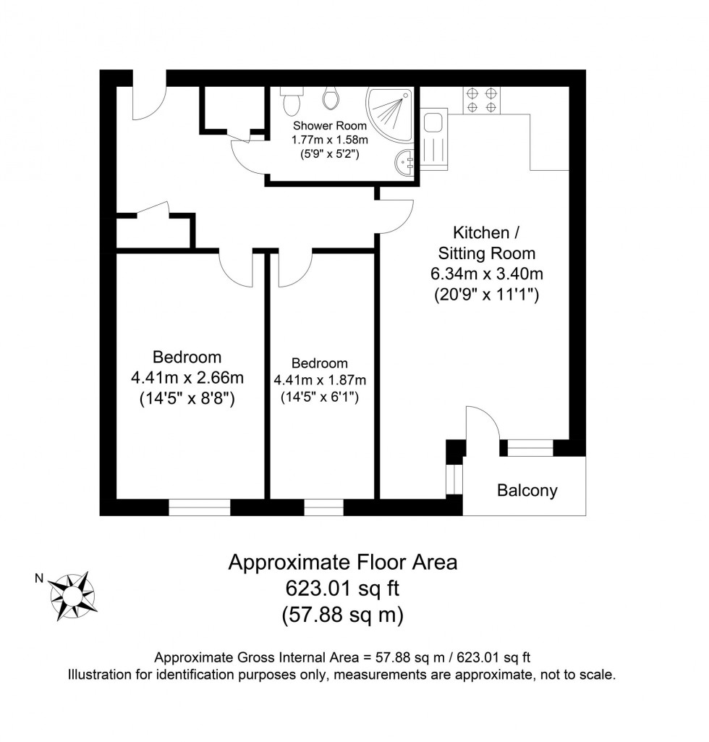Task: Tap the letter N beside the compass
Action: (x=41, y=578)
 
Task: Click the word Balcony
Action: (x=527, y=491)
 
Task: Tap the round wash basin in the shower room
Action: (x=404, y=160)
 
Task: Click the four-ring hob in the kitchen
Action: (x=481, y=100)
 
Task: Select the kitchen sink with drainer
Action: (x=434, y=140)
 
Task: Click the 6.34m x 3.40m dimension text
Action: (x=486, y=274)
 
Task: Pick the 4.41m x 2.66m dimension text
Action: (x=187, y=378)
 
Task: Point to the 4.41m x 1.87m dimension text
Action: (x=319, y=380)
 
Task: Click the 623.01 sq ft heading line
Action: (x=342, y=589)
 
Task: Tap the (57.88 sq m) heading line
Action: (x=342, y=615)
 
